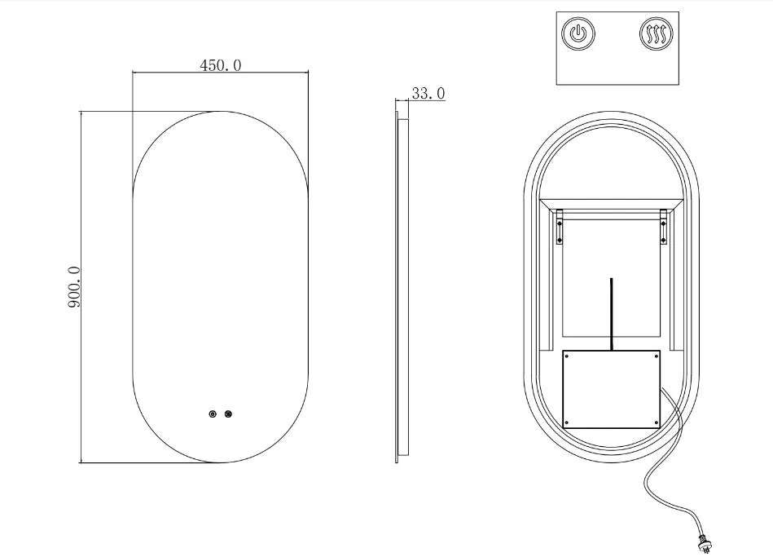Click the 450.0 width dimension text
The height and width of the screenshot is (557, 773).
pos(220,65)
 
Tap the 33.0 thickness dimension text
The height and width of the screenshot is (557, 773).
pos(428,94)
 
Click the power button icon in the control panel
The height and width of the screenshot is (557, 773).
pos(578,35)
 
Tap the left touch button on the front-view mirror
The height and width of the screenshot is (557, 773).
pos(213,414)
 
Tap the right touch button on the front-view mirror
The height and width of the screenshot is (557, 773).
pos(229,414)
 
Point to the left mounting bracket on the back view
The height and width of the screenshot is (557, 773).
pos(560,228)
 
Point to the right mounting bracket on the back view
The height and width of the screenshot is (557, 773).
pos(664,228)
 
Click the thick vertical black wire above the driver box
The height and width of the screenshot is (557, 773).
pos(612,314)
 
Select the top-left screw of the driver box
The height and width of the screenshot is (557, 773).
pos(568,356)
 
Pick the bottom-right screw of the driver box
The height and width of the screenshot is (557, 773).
pos(656,423)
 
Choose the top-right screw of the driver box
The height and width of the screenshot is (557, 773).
pos(656,356)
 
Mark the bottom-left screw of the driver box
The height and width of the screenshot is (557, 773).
pos(568,423)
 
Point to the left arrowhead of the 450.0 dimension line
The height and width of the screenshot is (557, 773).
pos(134,73)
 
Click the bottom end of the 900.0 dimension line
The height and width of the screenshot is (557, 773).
pos(81,462)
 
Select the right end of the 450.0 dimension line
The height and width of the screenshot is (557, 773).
pos(308,73)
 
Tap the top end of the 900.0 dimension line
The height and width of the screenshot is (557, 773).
pos(81,112)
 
